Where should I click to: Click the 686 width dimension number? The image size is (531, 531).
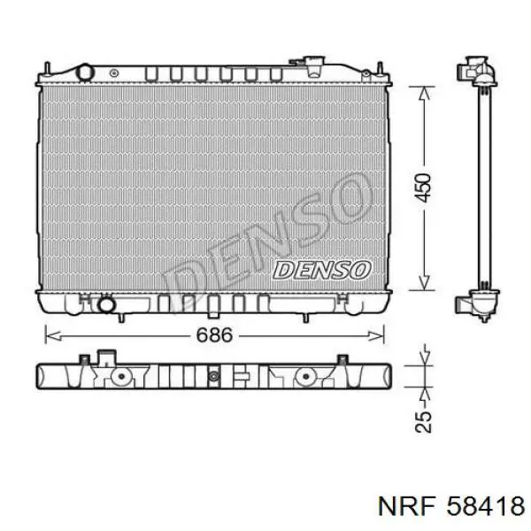point(215,335)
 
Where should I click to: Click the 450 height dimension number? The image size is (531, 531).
point(424,188)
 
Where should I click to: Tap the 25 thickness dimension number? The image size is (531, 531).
point(424,421)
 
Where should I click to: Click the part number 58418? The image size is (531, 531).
point(486,506)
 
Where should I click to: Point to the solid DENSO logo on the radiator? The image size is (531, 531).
point(322,270)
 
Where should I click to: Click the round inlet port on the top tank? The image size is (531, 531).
point(85,73)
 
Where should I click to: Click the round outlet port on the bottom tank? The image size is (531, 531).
point(106,304)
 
